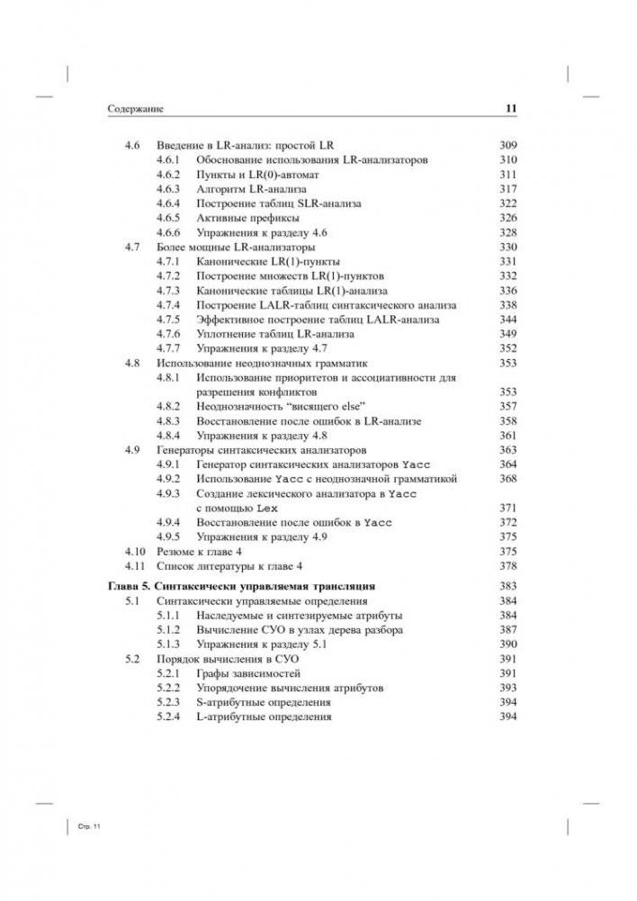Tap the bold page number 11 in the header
click(508, 110)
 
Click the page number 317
click(508, 189)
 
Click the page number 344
click(508, 320)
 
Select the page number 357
click(508, 407)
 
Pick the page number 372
click(508, 523)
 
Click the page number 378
click(508, 566)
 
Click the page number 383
click(508, 587)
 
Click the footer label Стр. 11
click(81, 826)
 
